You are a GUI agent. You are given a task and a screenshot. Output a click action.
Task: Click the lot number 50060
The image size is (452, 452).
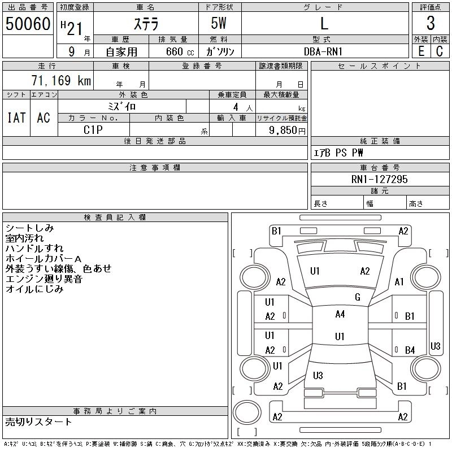(x=28, y=24)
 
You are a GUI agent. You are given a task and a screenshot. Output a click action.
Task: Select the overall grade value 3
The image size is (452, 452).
(x=431, y=24)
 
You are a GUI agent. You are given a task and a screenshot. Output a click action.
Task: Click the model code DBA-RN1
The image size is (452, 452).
(x=324, y=51)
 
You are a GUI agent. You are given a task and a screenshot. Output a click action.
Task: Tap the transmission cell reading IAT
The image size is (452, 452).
(x=16, y=118)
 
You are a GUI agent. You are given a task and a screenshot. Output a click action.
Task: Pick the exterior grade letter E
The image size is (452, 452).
(x=421, y=51)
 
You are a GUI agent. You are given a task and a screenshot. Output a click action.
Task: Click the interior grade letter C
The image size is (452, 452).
(x=440, y=51)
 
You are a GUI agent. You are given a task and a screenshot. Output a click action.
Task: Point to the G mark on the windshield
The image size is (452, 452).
(x=357, y=297)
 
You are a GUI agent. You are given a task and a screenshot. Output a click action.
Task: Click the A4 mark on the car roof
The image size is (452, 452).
(x=340, y=314)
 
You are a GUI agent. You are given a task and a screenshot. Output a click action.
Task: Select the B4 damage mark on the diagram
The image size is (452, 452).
(x=410, y=350)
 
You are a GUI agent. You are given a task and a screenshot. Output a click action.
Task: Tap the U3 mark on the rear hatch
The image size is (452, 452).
(x=318, y=375)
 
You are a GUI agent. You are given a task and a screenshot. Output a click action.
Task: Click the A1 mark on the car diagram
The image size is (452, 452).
(x=399, y=282)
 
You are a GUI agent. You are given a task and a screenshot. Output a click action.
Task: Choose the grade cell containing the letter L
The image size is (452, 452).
(x=324, y=24)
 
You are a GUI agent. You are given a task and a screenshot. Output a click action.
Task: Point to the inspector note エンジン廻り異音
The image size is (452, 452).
(x=44, y=279)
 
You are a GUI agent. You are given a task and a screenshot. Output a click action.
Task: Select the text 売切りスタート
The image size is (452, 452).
(x=39, y=421)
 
